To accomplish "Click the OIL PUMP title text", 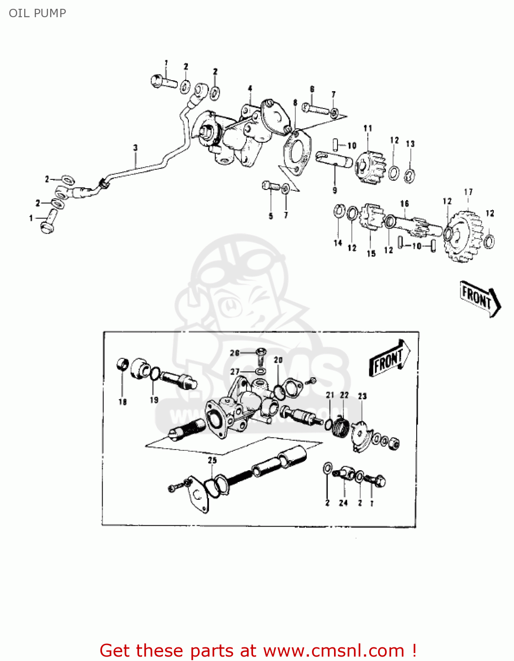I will (x=37, y=13).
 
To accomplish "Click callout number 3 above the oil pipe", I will (x=136, y=148).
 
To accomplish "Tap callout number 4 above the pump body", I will (x=250, y=89).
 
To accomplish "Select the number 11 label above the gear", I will (x=368, y=128).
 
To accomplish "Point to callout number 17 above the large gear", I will (x=468, y=192).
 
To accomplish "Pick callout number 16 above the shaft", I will (x=404, y=203).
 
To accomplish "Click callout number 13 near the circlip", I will (x=410, y=144).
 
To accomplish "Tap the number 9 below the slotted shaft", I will (x=335, y=190).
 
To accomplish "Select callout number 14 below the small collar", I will (x=338, y=243).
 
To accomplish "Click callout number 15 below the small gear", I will (x=371, y=253).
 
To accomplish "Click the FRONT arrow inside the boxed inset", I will (x=389, y=358).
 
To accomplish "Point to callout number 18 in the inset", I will (x=122, y=401).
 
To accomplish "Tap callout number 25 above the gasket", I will (x=213, y=460).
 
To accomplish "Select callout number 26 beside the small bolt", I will (x=235, y=353).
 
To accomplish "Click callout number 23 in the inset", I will (x=362, y=396).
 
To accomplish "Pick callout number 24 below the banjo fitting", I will (x=343, y=503).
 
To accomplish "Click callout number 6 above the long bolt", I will (x=312, y=89).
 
